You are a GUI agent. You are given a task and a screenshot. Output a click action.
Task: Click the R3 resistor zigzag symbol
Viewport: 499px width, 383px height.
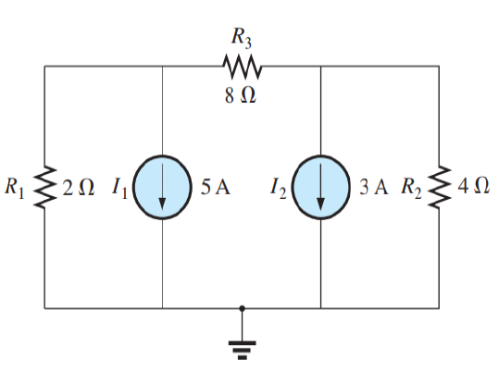coord(243,67)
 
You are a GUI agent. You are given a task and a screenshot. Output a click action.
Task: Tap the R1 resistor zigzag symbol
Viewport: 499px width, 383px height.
coord(44,187)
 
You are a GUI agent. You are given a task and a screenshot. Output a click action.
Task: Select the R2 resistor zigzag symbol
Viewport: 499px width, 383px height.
coord(440,187)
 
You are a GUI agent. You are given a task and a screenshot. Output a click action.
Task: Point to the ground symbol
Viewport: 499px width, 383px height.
coord(243,351)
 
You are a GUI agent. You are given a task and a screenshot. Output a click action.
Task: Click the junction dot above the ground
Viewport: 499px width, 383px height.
coord(243,308)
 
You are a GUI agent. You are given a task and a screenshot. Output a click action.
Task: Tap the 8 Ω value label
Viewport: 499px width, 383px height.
coord(241,95)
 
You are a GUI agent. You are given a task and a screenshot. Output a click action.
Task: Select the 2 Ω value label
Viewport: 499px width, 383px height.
coord(79,187)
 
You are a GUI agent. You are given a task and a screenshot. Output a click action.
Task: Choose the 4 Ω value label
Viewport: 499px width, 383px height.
coord(473,186)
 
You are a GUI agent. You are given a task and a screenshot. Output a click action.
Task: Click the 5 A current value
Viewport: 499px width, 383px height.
coord(215,187)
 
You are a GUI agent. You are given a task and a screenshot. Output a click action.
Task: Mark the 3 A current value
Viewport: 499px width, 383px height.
coord(374,187)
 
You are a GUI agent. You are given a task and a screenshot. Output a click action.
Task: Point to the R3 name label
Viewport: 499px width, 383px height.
coord(242,38)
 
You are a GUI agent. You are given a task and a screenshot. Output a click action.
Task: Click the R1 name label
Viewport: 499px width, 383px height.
coord(15,188)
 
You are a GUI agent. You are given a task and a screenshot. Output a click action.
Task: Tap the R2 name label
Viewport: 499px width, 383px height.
coord(411,188)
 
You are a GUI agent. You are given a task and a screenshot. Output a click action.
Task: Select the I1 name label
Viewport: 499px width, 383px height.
coord(119,188)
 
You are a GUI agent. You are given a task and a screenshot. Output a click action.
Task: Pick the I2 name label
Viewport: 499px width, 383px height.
coord(278,188)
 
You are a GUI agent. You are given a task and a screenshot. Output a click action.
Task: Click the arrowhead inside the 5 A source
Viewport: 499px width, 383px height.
coord(162,204)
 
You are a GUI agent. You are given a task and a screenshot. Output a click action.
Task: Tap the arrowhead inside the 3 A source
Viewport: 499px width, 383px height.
coord(320,204)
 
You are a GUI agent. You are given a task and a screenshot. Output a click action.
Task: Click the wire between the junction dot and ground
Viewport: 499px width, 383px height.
coord(243,326)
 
